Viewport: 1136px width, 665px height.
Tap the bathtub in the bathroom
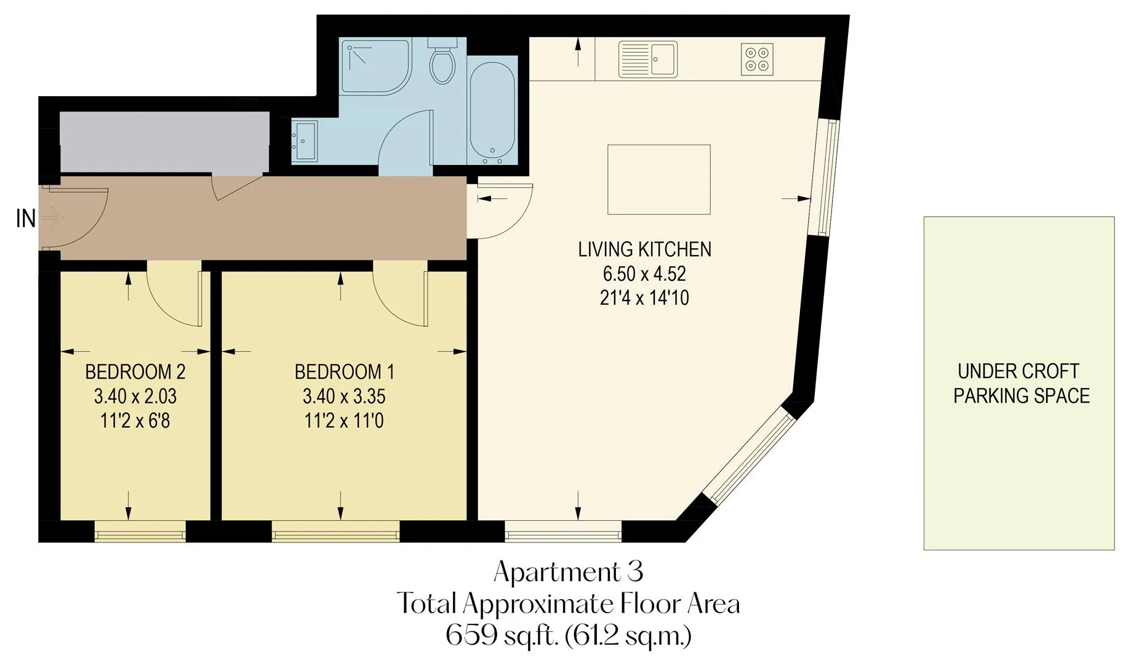click(x=492, y=115)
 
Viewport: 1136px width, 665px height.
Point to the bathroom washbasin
click(x=305, y=142)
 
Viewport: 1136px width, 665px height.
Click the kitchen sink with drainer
click(x=647, y=59)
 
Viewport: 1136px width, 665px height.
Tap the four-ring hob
click(x=757, y=59)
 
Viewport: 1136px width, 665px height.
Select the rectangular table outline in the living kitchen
click(x=659, y=180)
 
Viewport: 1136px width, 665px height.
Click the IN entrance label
click(x=26, y=219)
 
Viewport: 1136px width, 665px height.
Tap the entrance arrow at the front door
click(x=54, y=217)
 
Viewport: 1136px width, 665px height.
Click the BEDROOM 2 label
click(x=135, y=372)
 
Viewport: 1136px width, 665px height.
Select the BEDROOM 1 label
click(x=345, y=372)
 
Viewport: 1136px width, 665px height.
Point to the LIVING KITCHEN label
click(x=645, y=249)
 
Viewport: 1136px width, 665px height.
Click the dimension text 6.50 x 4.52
click(x=644, y=273)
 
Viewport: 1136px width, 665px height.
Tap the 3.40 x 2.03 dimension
click(x=135, y=397)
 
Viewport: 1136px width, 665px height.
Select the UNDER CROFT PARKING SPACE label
click(x=1022, y=384)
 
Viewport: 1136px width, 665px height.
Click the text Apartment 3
click(x=569, y=572)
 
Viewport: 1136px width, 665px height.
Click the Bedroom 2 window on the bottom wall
click(x=140, y=531)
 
